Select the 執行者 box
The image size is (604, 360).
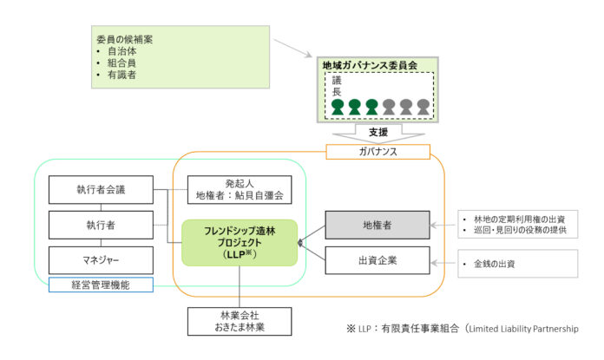101,224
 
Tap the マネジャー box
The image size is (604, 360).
101,259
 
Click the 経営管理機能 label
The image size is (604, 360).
101,284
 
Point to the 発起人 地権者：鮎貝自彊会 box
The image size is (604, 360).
239,190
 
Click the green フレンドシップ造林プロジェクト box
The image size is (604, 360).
239,242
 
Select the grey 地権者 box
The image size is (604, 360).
377,224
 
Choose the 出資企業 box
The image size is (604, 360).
377,259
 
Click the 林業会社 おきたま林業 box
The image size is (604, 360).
240,319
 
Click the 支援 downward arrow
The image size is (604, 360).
377,133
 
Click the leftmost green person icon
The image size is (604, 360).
338,107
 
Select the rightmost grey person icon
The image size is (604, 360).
423,107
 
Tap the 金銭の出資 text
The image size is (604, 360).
495,263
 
